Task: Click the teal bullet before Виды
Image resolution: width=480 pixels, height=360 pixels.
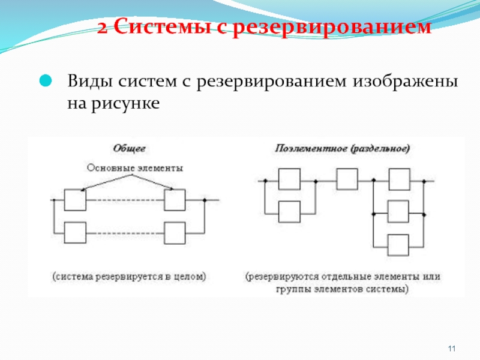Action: tap(46, 80)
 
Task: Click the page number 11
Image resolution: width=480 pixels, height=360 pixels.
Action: tap(452, 349)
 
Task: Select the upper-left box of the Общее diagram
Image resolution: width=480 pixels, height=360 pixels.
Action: tap(75, 200)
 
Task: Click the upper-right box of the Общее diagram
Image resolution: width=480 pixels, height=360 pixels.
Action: tap(176, 200)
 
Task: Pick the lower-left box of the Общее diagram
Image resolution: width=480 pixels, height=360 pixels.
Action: tap(75, 233)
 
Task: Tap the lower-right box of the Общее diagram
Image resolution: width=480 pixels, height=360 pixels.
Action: tap(176, 233)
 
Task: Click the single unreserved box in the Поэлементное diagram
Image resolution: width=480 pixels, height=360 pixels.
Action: tap(346, 179)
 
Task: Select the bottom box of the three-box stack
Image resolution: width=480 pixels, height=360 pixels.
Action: tap(398, 245)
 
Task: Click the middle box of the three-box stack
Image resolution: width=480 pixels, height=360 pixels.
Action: tap(398, 212)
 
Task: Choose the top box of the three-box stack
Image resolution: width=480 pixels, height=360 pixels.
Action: tap(398, 179)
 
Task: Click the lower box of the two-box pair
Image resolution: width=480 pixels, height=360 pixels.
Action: tap(289, 212)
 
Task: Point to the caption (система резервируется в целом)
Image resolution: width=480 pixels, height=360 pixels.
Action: tap(128, 277)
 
